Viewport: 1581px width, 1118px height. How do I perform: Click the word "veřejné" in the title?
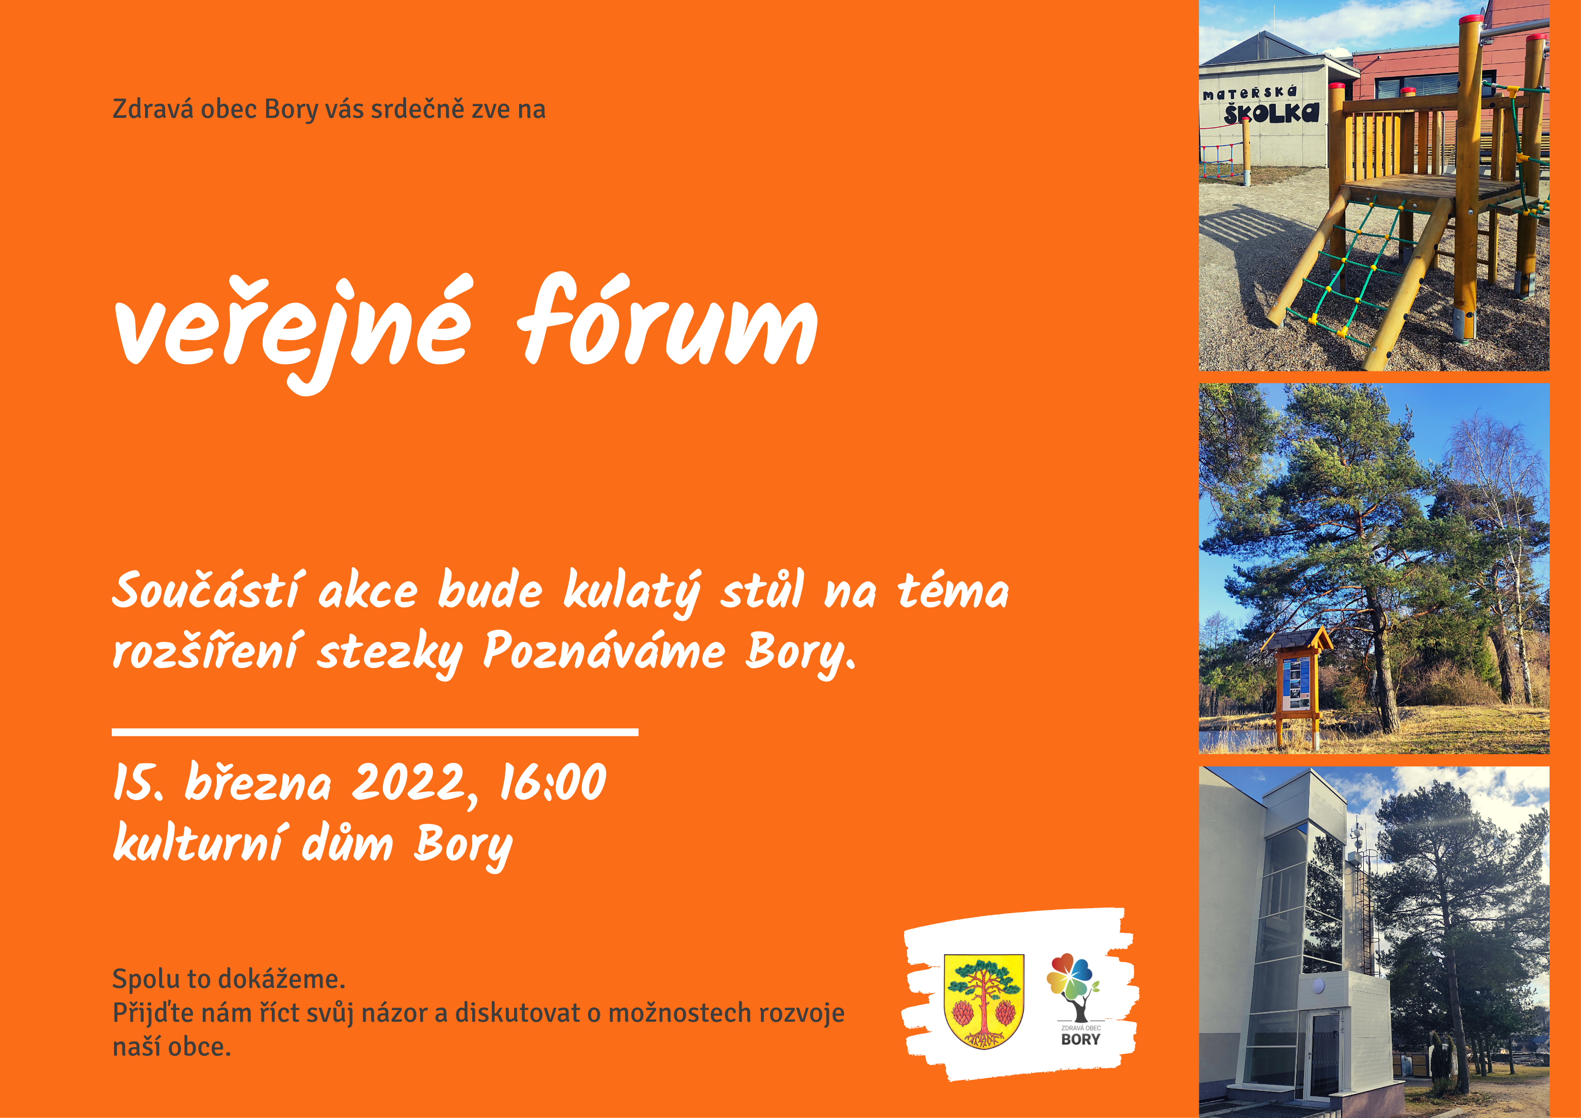tap(292, 331)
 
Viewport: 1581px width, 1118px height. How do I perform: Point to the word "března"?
tap(258, 783)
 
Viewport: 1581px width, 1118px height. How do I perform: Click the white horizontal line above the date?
tap(375, 732)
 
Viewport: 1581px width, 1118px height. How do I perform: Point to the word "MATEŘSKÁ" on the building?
tap(1249, 93)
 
